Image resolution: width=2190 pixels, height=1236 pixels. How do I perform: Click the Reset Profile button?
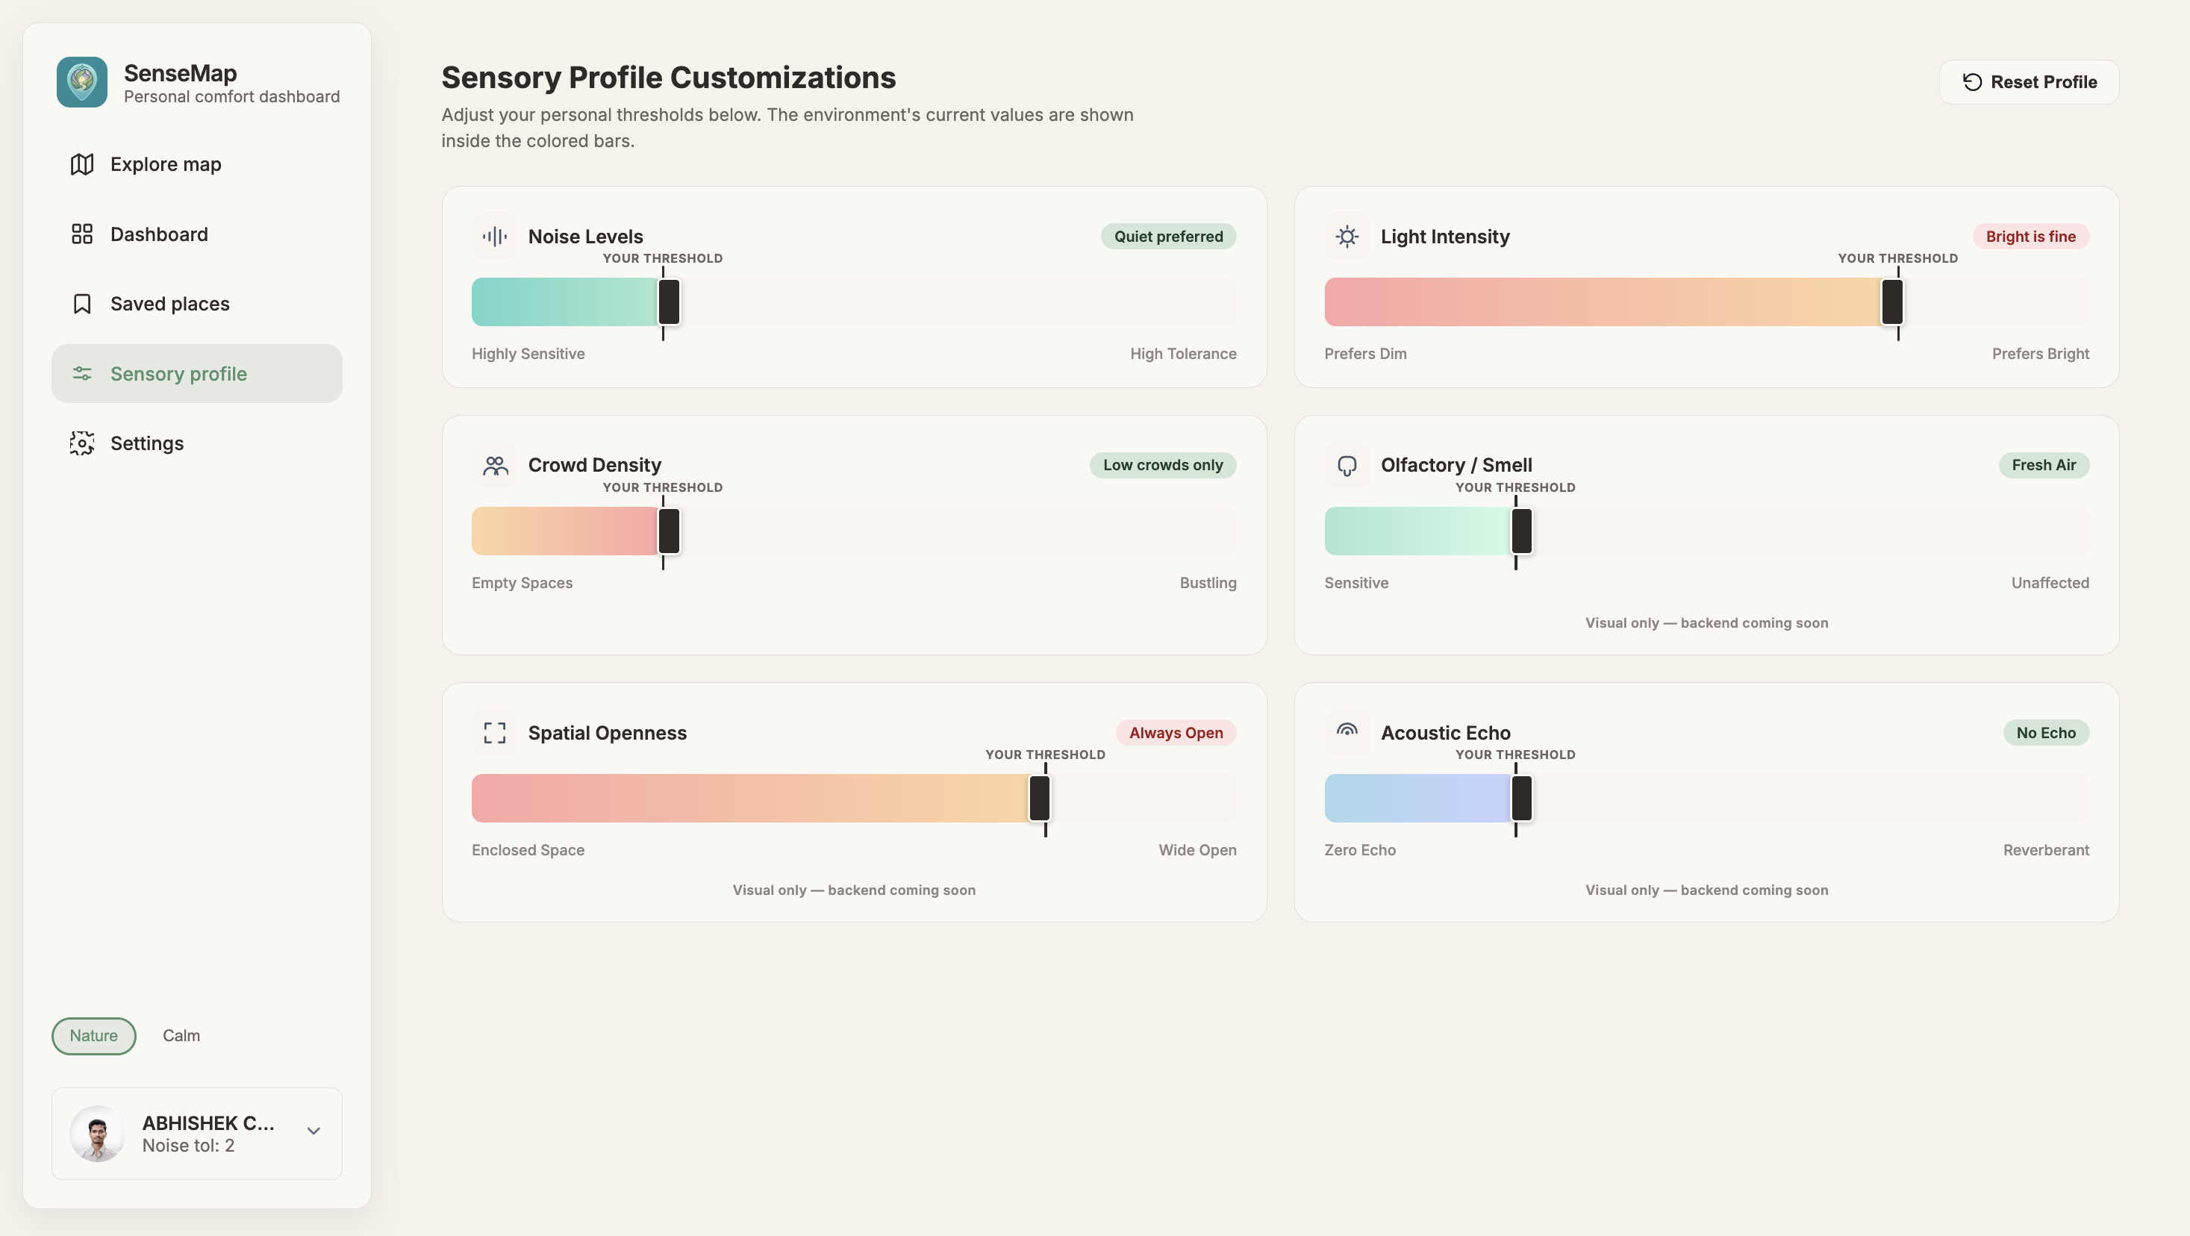pos(2029,81)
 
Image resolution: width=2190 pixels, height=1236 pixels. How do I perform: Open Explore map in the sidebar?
pos(165,164)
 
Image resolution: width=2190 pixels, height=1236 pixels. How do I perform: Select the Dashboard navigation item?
pos(158,234)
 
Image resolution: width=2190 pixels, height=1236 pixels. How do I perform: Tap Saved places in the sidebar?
pos(169,304)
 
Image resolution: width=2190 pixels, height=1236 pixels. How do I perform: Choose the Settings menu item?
pos(146,443)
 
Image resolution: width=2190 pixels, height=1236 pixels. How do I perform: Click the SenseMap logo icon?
pos(81,81)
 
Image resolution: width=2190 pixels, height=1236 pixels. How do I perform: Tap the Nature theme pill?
pos(93,1035)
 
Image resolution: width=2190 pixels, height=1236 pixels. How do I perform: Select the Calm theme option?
pos(181,1035)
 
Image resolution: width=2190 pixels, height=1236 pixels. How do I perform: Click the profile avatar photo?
pos(97,1133)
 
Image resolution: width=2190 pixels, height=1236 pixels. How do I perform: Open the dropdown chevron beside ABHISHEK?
pos(313,1131)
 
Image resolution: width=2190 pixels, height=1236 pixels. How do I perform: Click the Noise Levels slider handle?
pos(669,302)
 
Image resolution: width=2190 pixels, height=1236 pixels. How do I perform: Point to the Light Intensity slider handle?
pos(1891,302)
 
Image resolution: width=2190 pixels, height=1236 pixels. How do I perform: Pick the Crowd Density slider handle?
pos(669,531)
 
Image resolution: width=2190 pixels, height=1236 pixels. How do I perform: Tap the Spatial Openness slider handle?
pos(1039,798)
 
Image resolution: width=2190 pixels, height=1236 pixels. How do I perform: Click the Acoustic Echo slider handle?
pos(1521,798)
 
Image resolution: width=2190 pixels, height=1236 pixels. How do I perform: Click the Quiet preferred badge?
pos(1168,237)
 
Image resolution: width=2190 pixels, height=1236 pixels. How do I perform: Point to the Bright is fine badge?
pos(2030,237)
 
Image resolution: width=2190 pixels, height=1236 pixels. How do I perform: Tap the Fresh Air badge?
pos(2043,465)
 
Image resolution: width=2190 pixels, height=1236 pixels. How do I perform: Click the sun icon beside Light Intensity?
pos(1347,237)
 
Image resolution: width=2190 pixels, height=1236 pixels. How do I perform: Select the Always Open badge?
pos(1176,733)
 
